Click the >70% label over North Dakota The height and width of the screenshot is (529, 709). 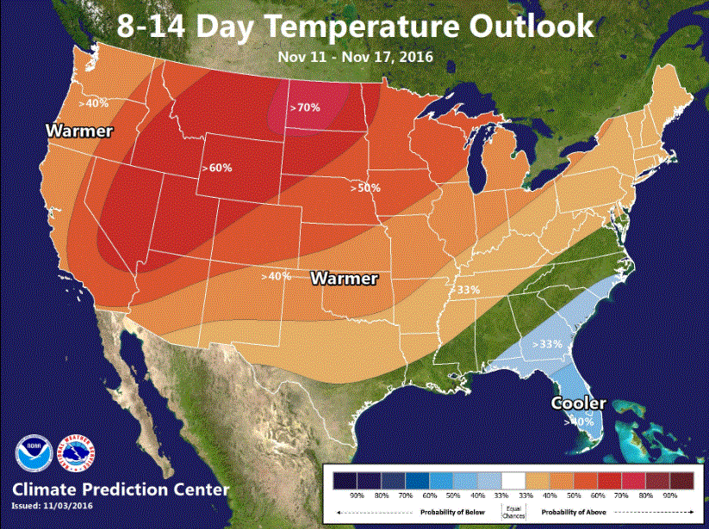[x=304, y=108]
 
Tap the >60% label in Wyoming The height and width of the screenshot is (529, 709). [x=217, y=168]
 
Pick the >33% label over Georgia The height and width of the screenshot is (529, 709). [x=546, y=344]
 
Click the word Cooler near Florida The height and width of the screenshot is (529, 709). [x=579, y=403]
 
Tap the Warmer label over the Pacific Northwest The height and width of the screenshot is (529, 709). [x=79, y=132]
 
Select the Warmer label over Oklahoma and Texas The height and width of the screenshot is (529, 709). [x=344, y=279]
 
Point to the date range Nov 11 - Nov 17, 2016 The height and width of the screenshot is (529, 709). [x=355, y=57]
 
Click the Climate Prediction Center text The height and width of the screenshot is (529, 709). [x=121, y=490]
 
